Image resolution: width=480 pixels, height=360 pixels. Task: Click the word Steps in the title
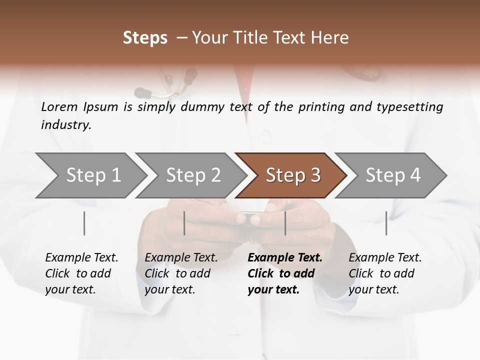click(145, 38)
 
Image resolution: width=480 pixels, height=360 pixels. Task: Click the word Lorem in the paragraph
click(59, 107)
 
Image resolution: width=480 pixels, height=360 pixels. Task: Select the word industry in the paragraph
click(65, 125)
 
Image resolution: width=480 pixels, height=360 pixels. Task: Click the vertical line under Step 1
click(84, 223)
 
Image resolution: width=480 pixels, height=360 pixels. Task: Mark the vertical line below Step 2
click(184, 223)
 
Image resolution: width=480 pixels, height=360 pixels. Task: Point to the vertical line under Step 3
click(285, 223)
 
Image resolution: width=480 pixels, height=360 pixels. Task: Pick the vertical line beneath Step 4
click(386, 223)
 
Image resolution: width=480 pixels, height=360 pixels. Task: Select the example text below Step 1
click(81, 273)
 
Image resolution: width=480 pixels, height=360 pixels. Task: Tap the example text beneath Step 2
click(181, 273)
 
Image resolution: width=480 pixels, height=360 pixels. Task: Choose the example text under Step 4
click(385, 273)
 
